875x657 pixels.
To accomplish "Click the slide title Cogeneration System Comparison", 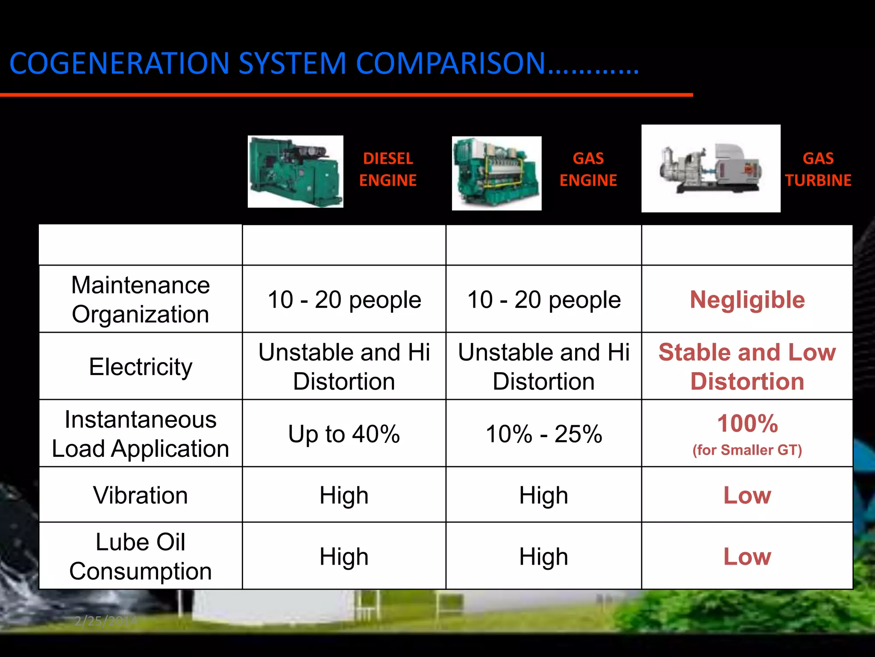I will [x=324, y=63].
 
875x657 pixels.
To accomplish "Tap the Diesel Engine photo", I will [x=295, y=172].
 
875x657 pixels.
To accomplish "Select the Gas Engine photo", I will [x=496, y=173].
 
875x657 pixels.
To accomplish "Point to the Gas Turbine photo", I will [x=711, y=169].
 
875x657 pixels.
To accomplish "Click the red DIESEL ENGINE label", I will [x=388, y=169].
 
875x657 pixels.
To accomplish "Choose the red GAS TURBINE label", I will [x=818, y=169].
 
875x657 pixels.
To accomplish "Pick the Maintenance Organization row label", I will [x=141, y=299].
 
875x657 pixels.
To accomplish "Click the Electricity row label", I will [x=141, y=367].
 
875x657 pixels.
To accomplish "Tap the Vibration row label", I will [x=141, y=495].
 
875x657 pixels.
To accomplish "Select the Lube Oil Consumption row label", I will [x=141, y=556].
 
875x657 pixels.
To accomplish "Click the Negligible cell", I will [x=747, y=299].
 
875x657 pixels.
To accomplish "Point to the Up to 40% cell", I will [x=344, y=434].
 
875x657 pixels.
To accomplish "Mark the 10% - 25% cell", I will [x=543, y=434].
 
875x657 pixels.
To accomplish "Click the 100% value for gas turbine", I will [x=747, y=423].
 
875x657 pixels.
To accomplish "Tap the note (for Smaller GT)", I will [x=747, y=450].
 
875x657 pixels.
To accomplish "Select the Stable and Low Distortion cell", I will [x=747, y=367].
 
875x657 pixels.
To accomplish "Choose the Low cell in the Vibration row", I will [x=747, y=495].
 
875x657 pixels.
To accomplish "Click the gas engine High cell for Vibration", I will [x=543, y=495].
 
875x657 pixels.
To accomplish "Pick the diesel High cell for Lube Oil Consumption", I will [x=344, y=556].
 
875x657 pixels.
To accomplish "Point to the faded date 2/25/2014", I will [x=106, y=621].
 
